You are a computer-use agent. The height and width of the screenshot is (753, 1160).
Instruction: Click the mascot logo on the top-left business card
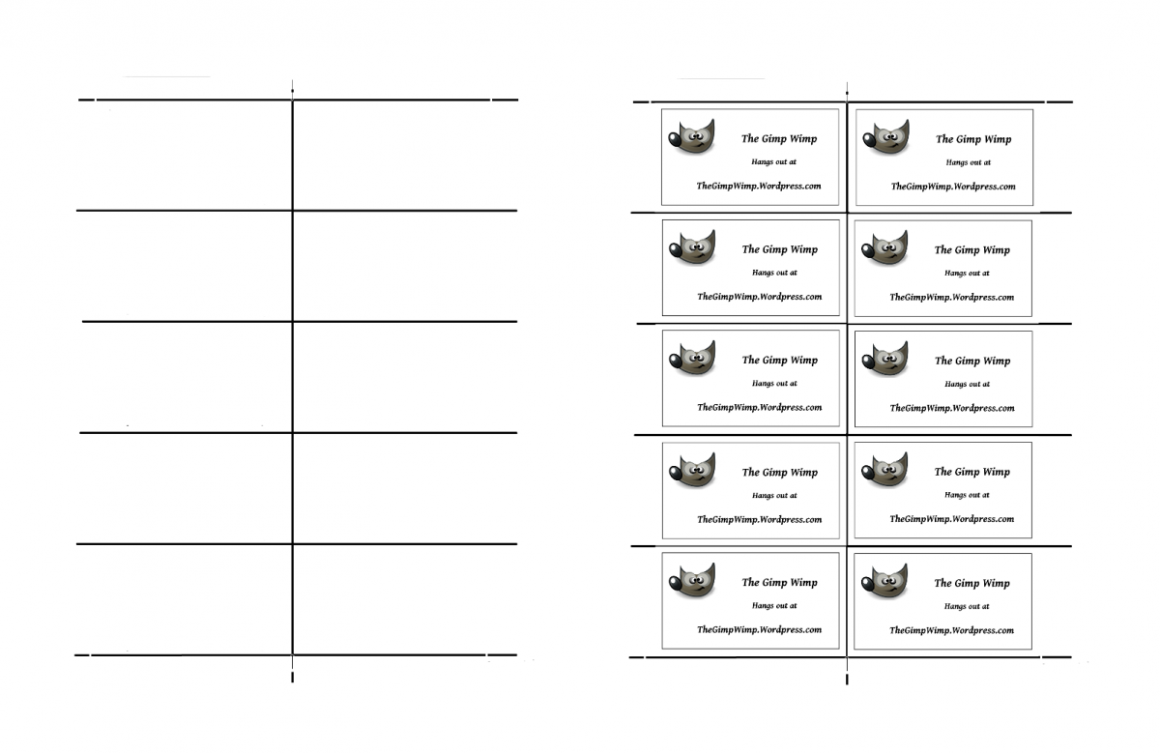(690, 137)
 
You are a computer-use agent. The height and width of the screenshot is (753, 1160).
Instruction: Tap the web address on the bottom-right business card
(952, 630)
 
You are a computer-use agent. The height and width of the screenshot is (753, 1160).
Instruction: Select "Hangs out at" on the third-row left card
(774, 384)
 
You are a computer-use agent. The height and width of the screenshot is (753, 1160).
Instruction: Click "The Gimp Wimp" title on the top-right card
(972, 139)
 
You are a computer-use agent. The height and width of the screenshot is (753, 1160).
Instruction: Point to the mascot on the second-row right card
(884, 248)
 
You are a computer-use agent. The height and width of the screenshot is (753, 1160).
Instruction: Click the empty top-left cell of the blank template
(185, 155)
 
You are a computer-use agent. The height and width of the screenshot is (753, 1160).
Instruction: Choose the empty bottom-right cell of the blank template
(404, 599)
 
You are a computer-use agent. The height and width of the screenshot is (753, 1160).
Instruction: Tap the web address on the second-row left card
(760, 297)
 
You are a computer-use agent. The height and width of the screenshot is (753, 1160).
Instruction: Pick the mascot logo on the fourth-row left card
(691, 471)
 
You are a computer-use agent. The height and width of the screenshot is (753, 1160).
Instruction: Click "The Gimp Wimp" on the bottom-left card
(779, 583)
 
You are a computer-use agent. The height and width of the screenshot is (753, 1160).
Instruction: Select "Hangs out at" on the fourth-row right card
(967, 495)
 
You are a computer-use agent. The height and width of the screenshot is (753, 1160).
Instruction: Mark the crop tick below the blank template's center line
(292, 678)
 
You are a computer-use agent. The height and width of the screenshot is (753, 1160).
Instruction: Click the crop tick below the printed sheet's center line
(847, 680)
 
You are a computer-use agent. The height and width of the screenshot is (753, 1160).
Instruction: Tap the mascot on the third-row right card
(884, 360)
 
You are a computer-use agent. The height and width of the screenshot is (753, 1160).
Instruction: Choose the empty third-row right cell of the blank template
(404, 377)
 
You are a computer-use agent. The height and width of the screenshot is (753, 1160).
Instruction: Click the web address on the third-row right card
(952, 408)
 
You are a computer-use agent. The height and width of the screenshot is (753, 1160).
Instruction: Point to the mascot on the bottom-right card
(884, 582)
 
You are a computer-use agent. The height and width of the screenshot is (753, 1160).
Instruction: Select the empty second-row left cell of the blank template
(185, 266)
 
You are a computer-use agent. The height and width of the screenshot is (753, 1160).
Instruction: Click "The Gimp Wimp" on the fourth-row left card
(779, 473)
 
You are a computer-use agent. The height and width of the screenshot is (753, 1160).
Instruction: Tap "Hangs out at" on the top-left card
(774, 162)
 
